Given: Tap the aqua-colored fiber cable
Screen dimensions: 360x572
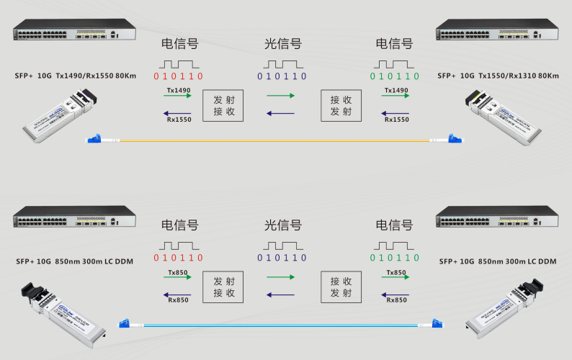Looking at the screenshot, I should (281, 325).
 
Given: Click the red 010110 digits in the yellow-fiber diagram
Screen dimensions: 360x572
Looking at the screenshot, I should (179, 76).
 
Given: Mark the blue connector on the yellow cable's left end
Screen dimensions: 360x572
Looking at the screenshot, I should (94, 140).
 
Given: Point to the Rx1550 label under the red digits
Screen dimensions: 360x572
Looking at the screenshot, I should (178, 119).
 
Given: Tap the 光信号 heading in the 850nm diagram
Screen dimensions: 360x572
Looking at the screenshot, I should (282, 225).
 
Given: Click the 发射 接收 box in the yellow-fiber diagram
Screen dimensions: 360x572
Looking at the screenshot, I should (223, 105).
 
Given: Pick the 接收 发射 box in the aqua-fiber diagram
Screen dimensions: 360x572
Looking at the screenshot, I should (340, 287).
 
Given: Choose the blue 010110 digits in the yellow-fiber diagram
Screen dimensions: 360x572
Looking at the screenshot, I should (282, 76).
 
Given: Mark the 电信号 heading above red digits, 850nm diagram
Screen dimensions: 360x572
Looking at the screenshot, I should (179, 225).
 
